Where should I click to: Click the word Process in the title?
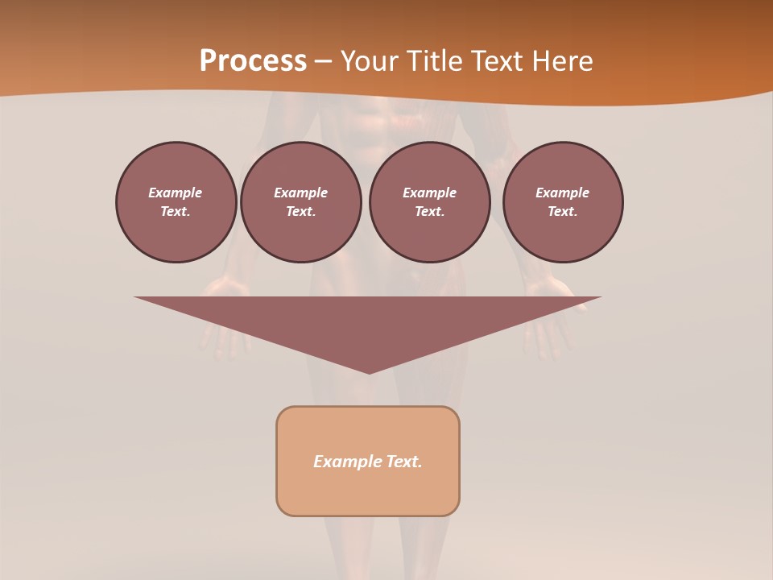[x=253, y=61]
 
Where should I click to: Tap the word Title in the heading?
[x=436, y=61]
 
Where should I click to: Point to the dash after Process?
[x=324, y=62]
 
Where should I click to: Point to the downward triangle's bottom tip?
[x=369, y=371]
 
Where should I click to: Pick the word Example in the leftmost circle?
[x=176, y=193]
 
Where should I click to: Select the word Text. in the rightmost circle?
[x=562, y=211]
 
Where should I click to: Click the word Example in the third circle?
[x=429, y=193]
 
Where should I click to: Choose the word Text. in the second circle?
[x=300, y=211]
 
